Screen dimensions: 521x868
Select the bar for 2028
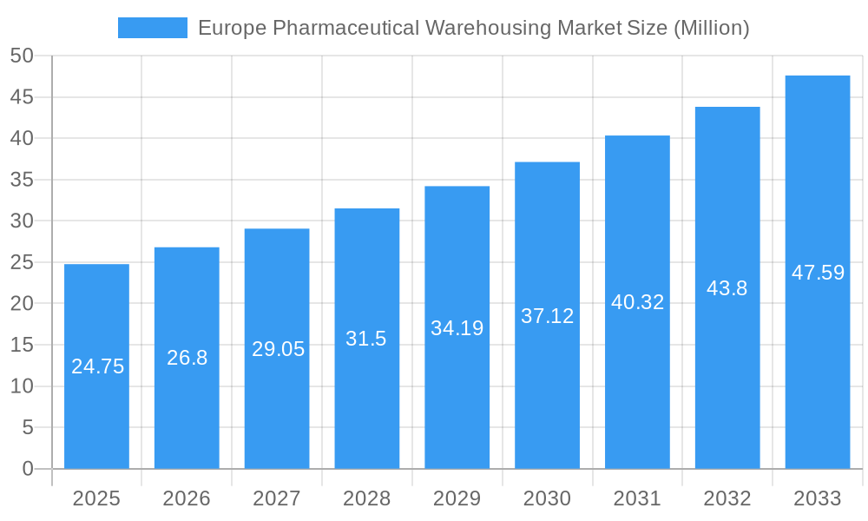tap(367, 399)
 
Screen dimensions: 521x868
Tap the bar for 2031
tap(637, 382)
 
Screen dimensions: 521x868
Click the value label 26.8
tap(187, 358)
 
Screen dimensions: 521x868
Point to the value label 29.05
tap(278, 349)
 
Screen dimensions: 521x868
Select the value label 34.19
tap(457, 328)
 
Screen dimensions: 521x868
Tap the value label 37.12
tap(547, 316)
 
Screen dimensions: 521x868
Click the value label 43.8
tap(727, 288)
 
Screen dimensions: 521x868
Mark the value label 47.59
tap(818, 273)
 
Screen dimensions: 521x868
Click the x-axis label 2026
tap(187, 498)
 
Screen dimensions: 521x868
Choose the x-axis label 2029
tap(457, 498)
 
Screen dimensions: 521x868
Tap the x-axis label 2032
tap(727, 498)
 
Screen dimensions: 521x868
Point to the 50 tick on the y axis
tap(22, 56)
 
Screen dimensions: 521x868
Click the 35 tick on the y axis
tap(22, 180)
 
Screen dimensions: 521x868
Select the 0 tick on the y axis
tap(27, 469)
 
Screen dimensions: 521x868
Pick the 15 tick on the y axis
tap(22, 345)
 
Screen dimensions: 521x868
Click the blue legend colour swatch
tap(153, 28)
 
